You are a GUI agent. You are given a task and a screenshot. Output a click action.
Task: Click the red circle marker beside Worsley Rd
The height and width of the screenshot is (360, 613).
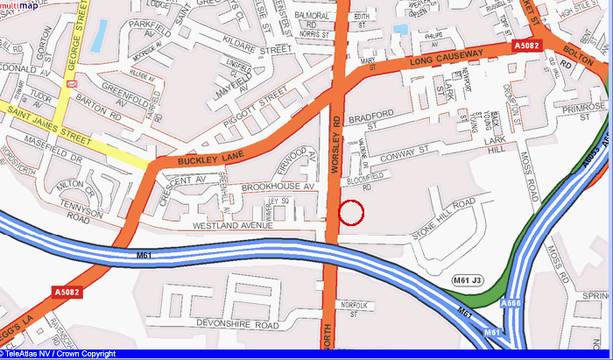350,212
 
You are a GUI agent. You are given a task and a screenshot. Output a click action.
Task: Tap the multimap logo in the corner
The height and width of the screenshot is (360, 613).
19,6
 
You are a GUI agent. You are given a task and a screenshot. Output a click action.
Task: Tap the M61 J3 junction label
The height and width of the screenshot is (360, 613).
468,279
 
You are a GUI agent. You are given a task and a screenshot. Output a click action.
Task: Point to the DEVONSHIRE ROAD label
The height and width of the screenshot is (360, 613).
238,324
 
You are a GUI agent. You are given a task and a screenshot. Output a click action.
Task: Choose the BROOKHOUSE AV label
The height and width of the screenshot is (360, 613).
277,187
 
